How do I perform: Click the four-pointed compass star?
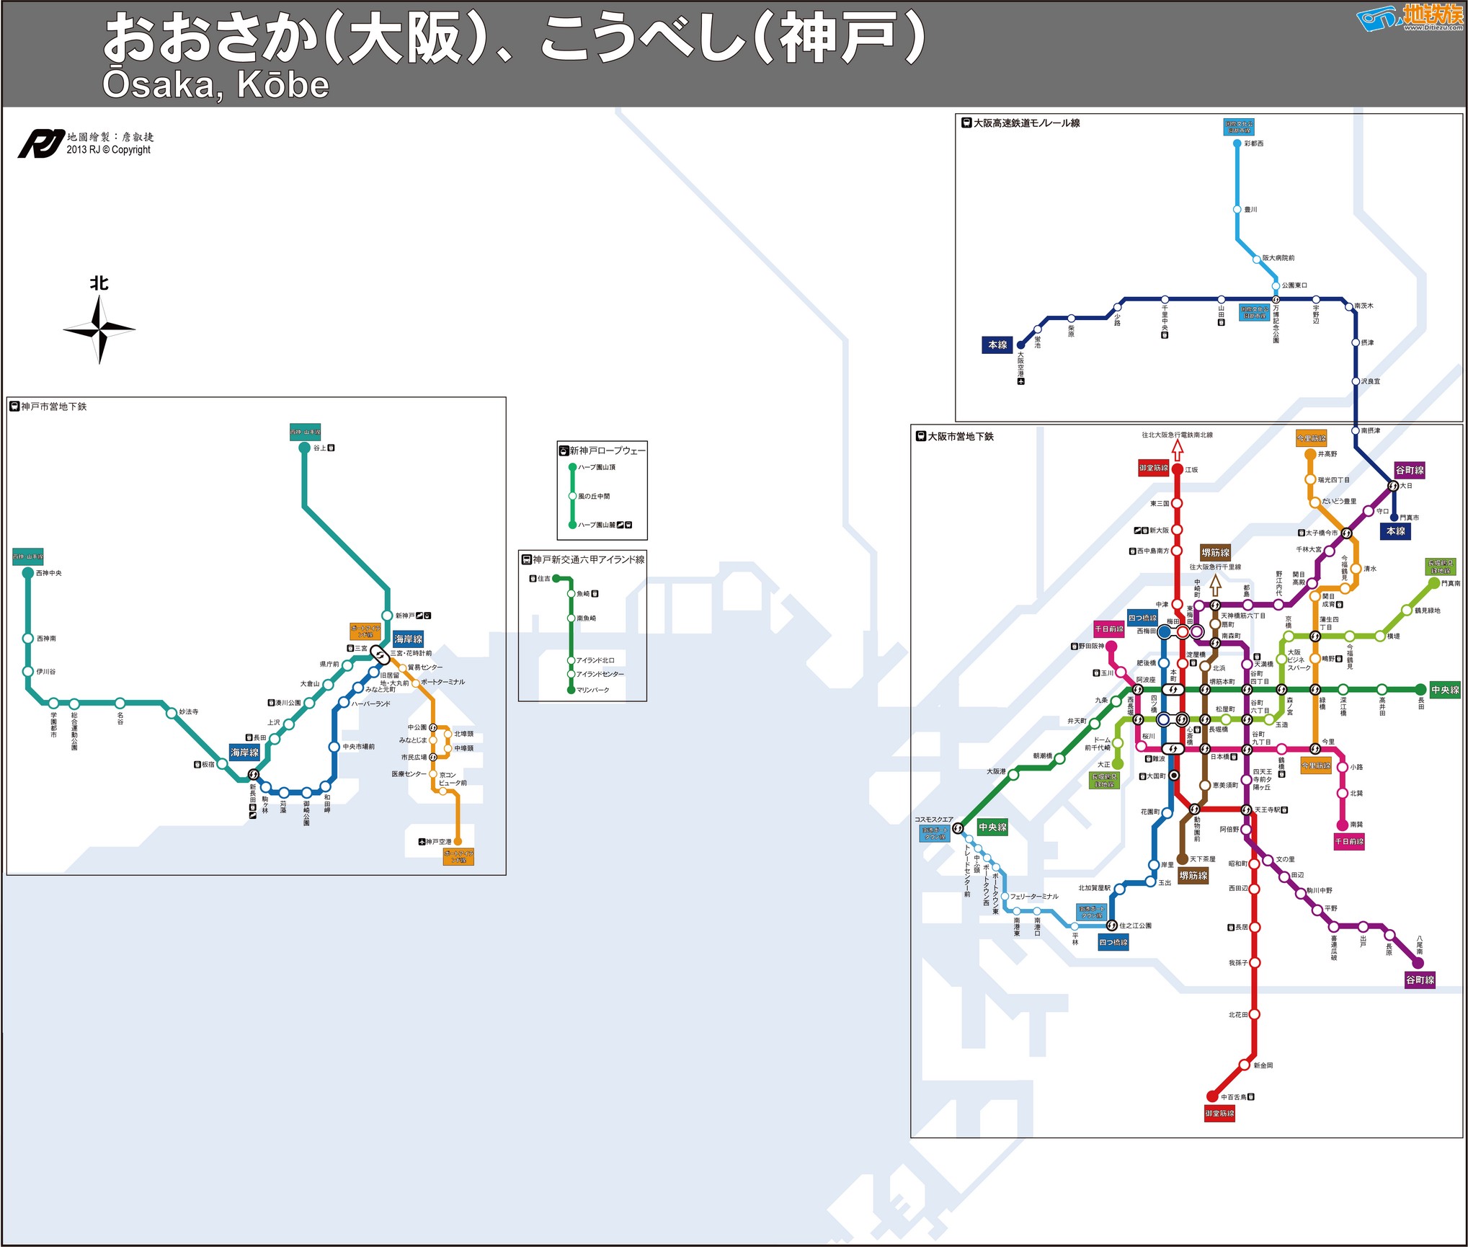tap(99, 329)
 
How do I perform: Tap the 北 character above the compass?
tap(99, 283)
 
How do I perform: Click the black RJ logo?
tap(40, 143)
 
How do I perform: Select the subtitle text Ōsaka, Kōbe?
tap(215, 85)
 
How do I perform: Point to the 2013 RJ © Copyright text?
tap(109, 150)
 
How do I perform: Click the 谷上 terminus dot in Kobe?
tap(304, 448)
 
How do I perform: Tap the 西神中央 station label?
tap(49, 573)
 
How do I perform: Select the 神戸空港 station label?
tap(438, 842)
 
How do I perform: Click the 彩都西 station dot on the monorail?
tap(1237, 143)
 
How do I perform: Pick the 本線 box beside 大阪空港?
tap(997, 345)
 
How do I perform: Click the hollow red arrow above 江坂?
tap(1177, 450)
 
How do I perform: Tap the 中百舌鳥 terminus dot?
tap(1212, 1097)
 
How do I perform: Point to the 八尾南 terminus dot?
tap(1418, 963)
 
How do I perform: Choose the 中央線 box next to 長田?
tap(1445, 690)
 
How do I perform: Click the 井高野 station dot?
tap(1310, 454)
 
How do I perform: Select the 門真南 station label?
tap(1450, 583)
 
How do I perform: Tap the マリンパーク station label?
tap(592, 690)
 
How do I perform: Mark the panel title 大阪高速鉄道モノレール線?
tap(1026, 123)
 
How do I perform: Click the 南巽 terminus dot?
tap(1342, 825)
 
